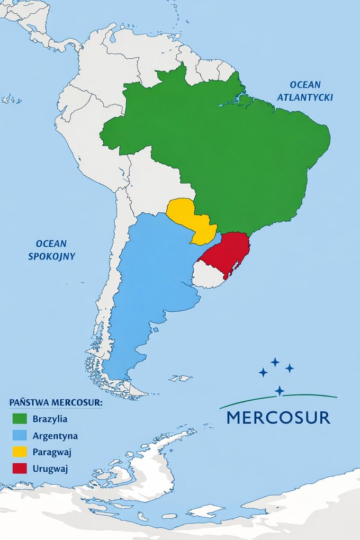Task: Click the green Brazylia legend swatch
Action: coord(20,419)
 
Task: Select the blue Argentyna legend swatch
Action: coord(20,436)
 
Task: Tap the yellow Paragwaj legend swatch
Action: coord(20,452)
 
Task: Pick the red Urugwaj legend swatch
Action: coord(20,469)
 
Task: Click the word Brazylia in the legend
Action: coord(50,419)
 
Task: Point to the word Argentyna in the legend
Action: coord(55,436)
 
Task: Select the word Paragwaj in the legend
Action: coord(52,452)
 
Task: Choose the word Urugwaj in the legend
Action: coord(50,469)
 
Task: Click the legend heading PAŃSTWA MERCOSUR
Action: coord(56,402)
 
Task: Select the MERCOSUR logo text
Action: coord(278,417)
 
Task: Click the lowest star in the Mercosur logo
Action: coord(279,391)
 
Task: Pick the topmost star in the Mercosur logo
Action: coord(275,362)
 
